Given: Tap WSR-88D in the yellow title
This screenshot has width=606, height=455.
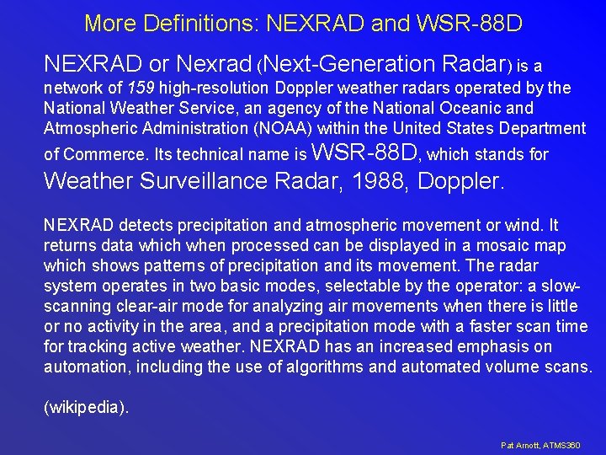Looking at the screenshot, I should pyautogui.click(x=470, y=23).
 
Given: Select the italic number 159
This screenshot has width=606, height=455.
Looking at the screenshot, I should pyautogui.click(x=141, y=88).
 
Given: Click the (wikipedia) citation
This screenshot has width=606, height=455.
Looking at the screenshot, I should pyautogui.click(x=87, y=407).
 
